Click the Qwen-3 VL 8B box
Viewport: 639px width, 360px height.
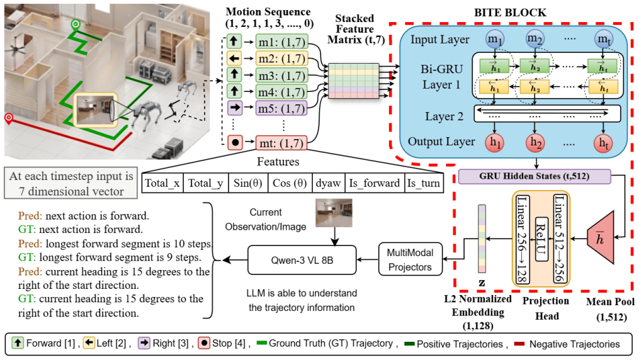click(302, 260)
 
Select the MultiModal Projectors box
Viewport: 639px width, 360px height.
click(410, 260)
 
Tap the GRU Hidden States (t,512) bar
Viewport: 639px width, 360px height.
click(534, 176)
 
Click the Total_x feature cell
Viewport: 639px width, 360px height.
click(162, 183)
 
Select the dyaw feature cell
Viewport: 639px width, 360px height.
click(328, 183)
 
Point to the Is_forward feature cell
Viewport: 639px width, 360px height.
click(375, 183)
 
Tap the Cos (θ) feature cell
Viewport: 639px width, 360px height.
click(290, 183)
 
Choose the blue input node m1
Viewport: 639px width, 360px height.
click(495, 40)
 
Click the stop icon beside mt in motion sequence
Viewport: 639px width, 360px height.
click(235, 142)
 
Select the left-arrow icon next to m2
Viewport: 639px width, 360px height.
click(234, 59)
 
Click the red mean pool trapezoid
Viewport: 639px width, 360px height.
click(601, 237)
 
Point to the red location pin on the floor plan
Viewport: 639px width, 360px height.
click(8, 118)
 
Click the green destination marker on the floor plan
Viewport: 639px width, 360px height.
click(76, 25)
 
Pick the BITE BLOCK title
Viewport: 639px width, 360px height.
click(510, 13)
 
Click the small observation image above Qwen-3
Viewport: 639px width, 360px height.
click(334, 213)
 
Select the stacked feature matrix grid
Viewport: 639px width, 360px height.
click(353, 81)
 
